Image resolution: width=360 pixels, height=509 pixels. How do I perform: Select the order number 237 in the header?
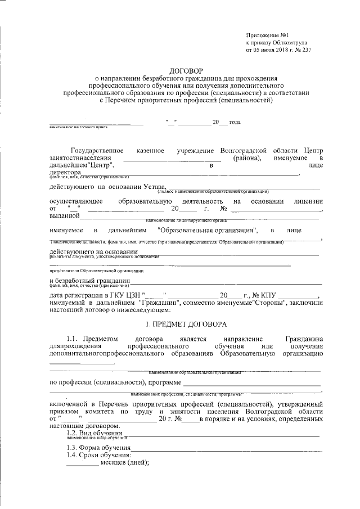(305, 49)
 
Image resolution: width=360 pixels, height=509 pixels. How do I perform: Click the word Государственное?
(96, 151)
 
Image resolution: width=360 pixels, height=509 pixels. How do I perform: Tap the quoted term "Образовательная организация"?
(208, 230)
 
